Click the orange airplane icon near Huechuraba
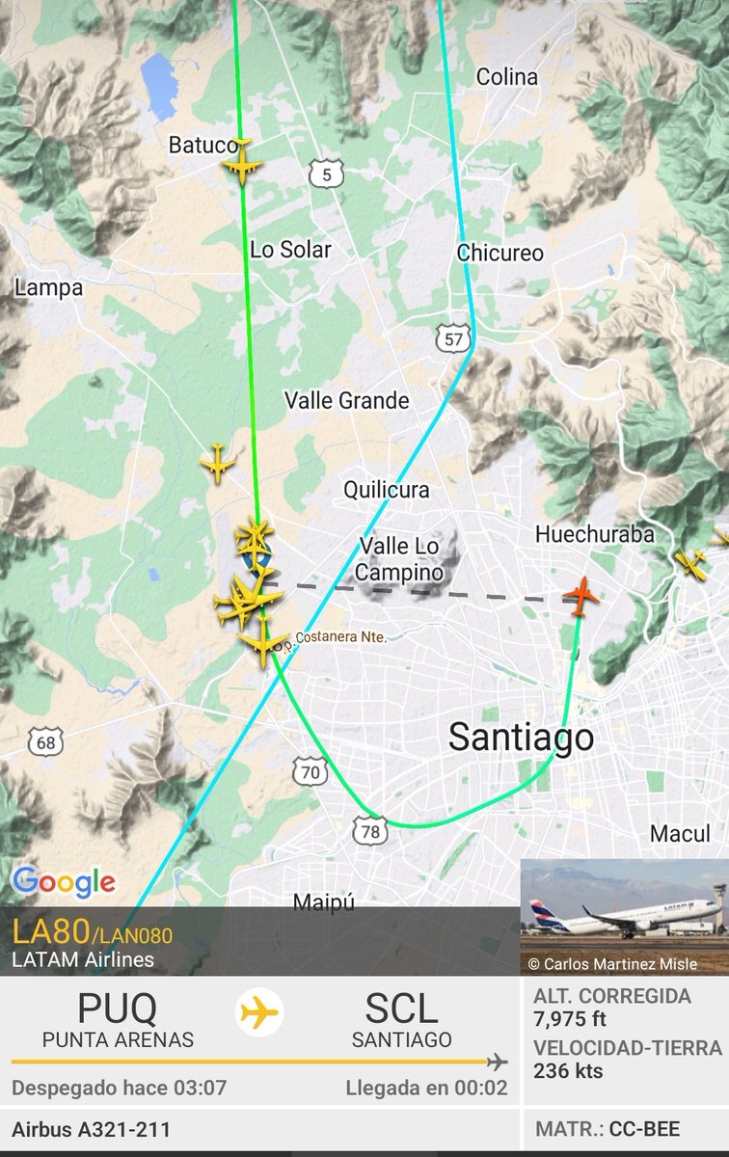tap(580, 596)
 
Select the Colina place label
tap(506, 77)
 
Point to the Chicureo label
tap(499, 253)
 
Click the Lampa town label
tap(48, 287)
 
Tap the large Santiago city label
tap(521, 739)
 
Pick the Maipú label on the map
tap(323, 902)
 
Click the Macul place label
tap(679, 834)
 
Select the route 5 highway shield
tap(327, 174)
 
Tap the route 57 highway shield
tap(452, 336)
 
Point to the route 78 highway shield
tap(369, 830)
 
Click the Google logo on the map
tap(64, 880)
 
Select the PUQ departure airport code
tap(118, 1009)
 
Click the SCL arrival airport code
tap(401, 1009)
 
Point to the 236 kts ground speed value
tap(568, 1070)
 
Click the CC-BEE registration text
tap(644, 1129)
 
